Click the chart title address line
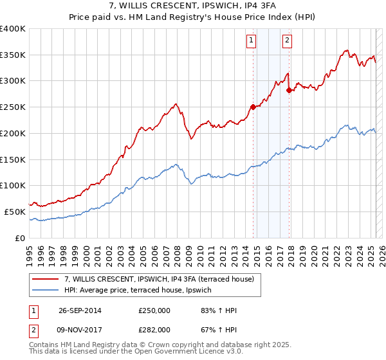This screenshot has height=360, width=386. pos(193,6)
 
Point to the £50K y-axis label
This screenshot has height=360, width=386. pos(15,211)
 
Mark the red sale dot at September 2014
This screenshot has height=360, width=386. pos(253,107)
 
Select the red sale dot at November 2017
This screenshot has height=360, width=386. pos(289,91)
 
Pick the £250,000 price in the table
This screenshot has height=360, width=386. pos(153,310)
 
